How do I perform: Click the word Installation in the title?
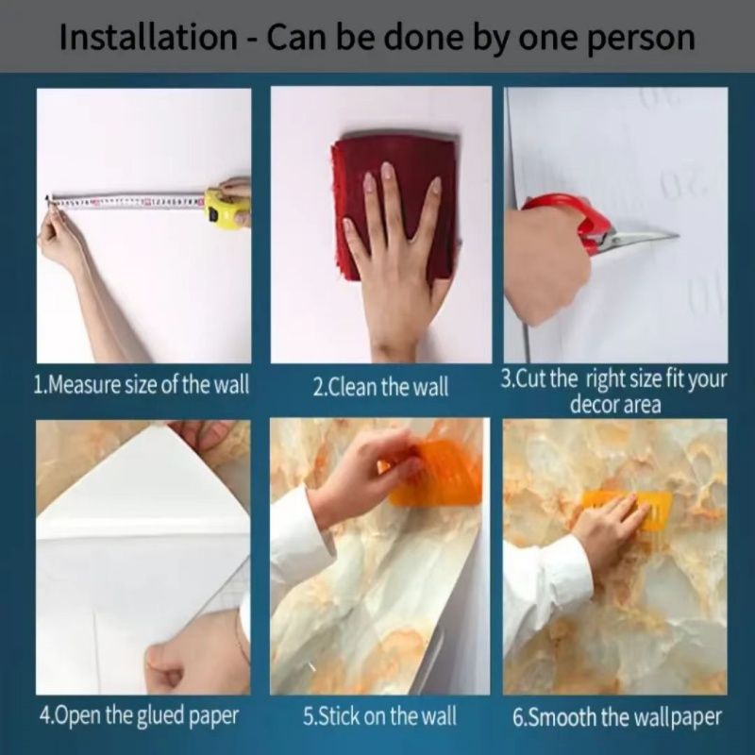click(x=148, y=37)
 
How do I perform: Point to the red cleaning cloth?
click(x=393, y=206)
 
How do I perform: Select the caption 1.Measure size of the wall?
click(x=141, y=385)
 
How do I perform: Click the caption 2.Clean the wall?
click(x=380, y=387)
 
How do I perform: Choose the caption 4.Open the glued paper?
click(x=139, y=716)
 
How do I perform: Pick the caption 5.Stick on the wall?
click(x=379, y=716)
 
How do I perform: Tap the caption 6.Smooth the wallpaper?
click(x=617, y=717)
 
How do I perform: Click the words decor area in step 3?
click(x=615, y=405)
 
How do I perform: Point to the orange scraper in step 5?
click(x=433, y=475)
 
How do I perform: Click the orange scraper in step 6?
click(x=626, y=508)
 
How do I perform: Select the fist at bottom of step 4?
click(x=166, y=667)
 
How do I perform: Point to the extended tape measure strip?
click(x=126, y=203)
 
